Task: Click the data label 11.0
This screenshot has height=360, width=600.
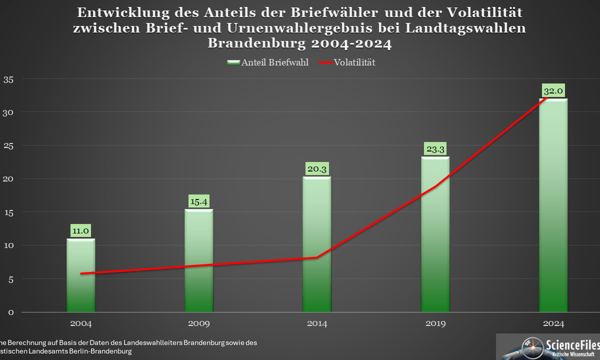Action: (81, 231)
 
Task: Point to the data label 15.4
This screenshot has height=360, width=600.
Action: (199, 201)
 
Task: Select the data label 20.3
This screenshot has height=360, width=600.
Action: (317, 169)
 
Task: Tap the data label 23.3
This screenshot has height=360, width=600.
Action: (435, 149)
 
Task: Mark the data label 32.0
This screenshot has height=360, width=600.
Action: (553, 91)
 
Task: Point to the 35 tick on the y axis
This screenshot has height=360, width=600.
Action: (8, 79)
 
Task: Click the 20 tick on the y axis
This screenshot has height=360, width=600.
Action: (8, 178)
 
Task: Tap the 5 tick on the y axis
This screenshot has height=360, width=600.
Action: (10, 278)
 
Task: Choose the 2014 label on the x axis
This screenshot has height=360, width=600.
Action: (317, 323)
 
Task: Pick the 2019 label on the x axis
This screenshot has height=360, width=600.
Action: (435, 323)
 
